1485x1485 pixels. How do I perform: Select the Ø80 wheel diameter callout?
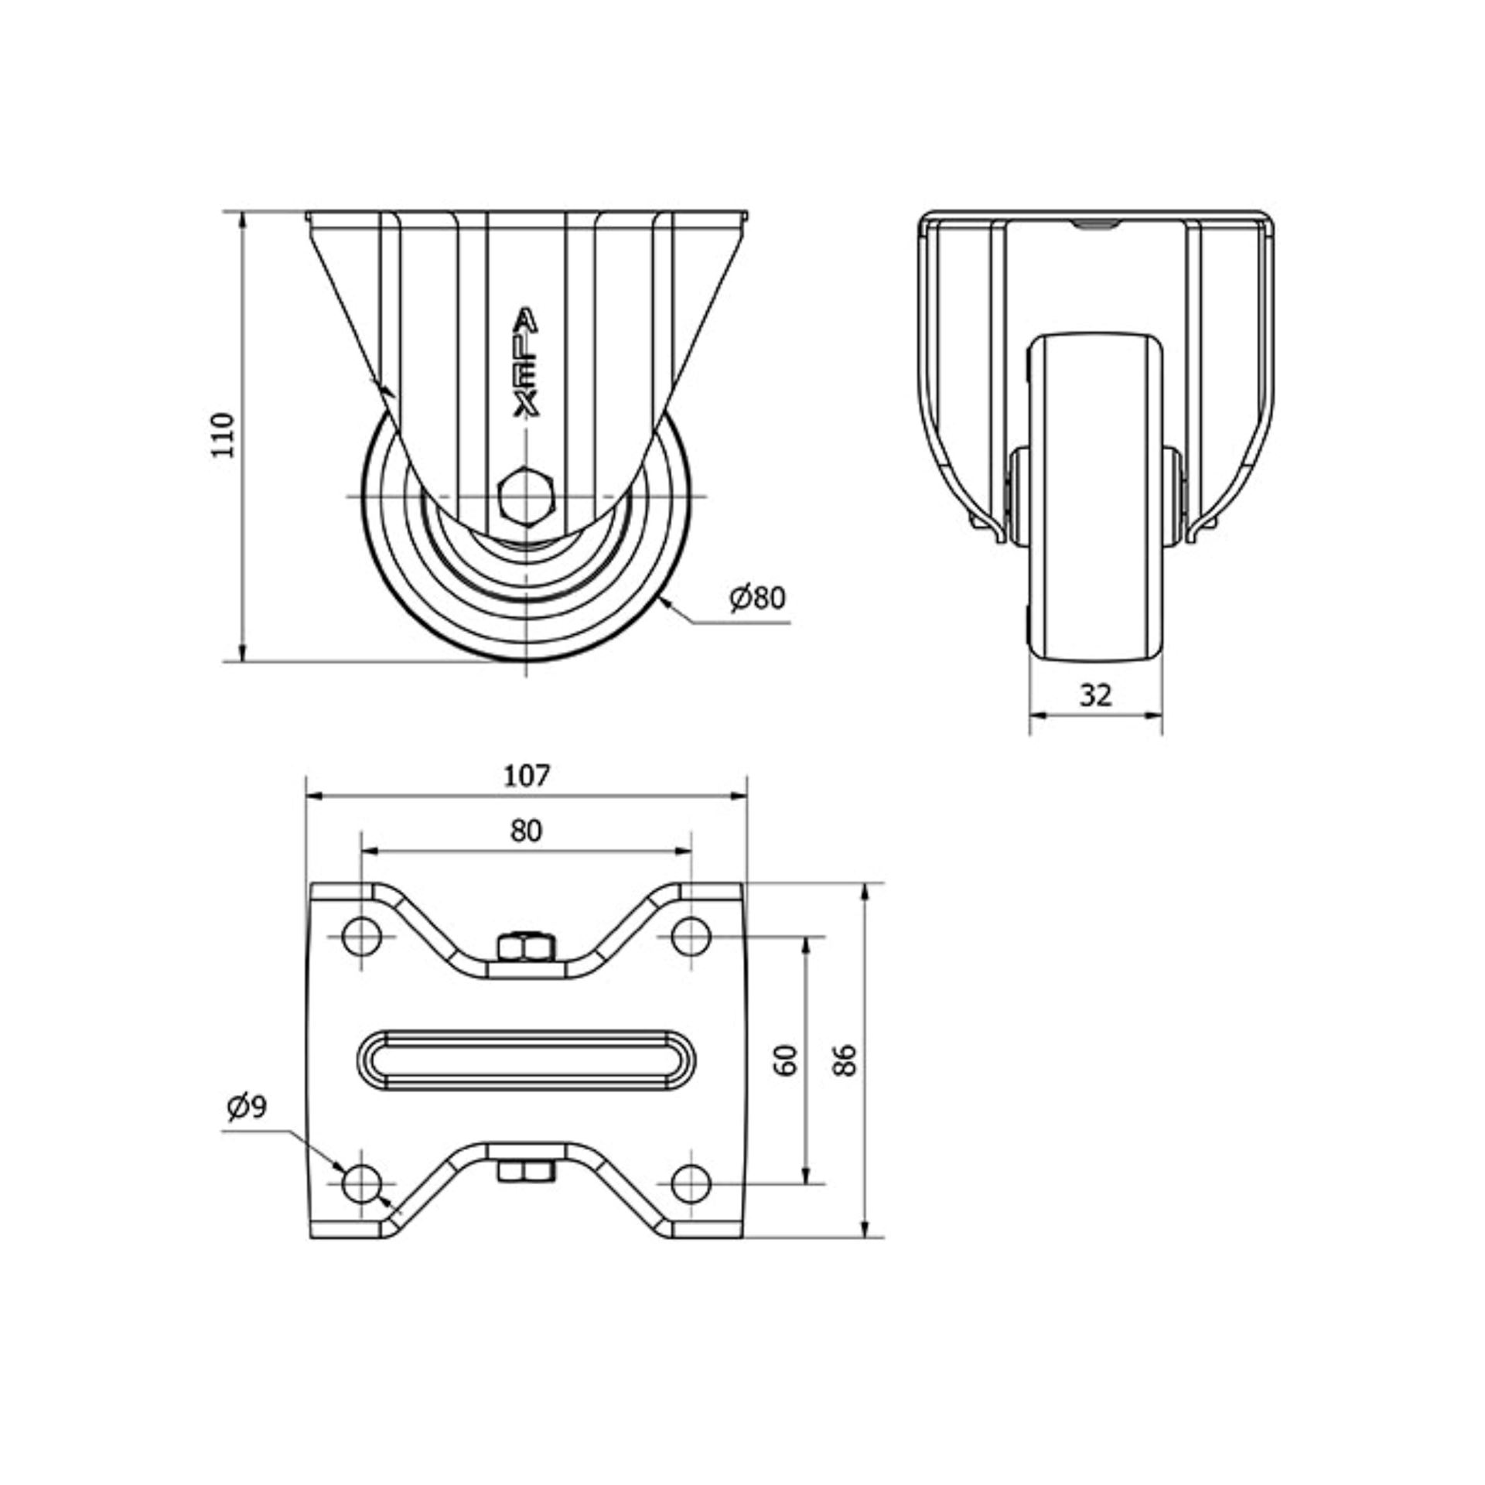click(x=757, y=598)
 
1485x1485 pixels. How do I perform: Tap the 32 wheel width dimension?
click(x=1095, y=696)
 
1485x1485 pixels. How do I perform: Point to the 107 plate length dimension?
click(x=527, y=776)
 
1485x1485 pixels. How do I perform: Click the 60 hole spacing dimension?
click(x=787, y=1060)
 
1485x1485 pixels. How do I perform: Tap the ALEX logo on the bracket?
click(x=527, y=364)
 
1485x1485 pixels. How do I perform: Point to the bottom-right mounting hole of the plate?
click(x=691, y=1205)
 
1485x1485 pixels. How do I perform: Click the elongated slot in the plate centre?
click(x=527, y=1060)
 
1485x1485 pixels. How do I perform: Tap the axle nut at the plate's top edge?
click(x=526, y=945)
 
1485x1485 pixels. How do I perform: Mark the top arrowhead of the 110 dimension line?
click(x=243, y=221)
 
